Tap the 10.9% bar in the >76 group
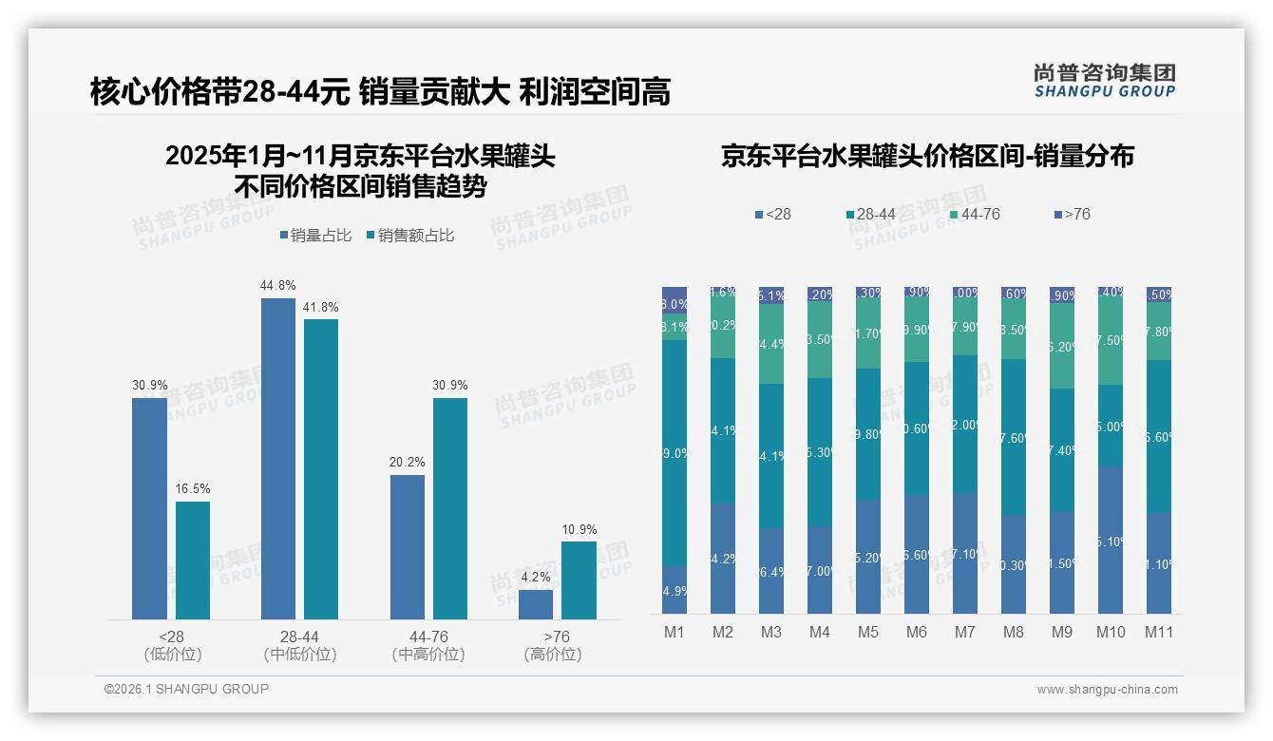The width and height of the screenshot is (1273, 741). tap(579, 580)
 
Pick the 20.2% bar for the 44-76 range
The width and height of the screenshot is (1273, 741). tap(408, 547)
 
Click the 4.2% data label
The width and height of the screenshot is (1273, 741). tap(536, 577)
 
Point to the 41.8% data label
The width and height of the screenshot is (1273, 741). tap(321, 307)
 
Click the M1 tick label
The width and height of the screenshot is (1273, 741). tap(674, 632)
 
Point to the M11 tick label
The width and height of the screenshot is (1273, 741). tap(1158, 632)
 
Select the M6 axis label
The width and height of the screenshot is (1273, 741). tap(916, 632)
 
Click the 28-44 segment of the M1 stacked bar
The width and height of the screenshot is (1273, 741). tap(674, 453)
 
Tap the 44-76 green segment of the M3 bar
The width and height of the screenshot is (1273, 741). tap(771, 344)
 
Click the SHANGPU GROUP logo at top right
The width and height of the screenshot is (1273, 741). tap(1104, 81)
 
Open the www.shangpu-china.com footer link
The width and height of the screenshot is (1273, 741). tap(1107, 690)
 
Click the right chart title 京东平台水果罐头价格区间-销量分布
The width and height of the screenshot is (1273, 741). tap(927, 156)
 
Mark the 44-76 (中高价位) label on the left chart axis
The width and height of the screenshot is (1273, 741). tap(428, 645)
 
